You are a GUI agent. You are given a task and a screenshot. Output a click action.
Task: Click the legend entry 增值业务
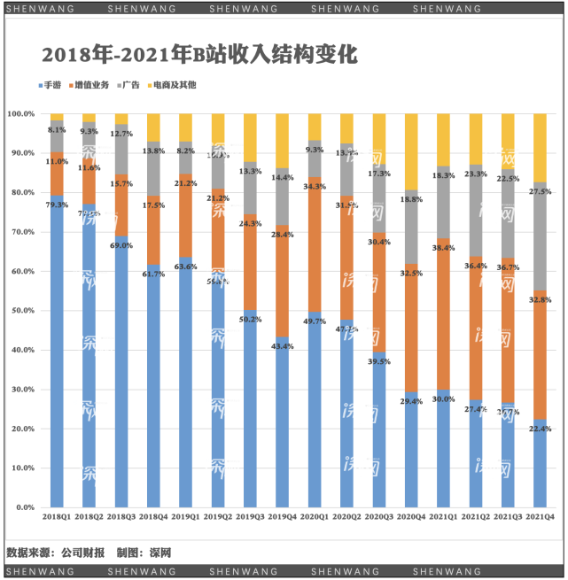(x=89, y=85)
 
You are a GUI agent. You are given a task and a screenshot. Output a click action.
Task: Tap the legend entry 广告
(x=129, y=85)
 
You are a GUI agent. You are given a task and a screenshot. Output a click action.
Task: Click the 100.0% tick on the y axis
(x=20, y=114)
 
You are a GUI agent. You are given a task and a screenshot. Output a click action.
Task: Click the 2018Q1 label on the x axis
(x=57, y=516)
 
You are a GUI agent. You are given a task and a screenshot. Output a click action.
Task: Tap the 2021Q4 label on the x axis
(x=540, y=516)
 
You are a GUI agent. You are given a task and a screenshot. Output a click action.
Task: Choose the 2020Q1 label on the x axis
(x=315, y=516)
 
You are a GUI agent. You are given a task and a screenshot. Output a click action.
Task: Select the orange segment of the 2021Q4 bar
(x=540, y=354)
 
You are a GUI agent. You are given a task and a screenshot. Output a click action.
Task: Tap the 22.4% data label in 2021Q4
(x=540, y=429)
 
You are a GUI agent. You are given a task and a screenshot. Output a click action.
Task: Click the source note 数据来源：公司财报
(x=57, y=553)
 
